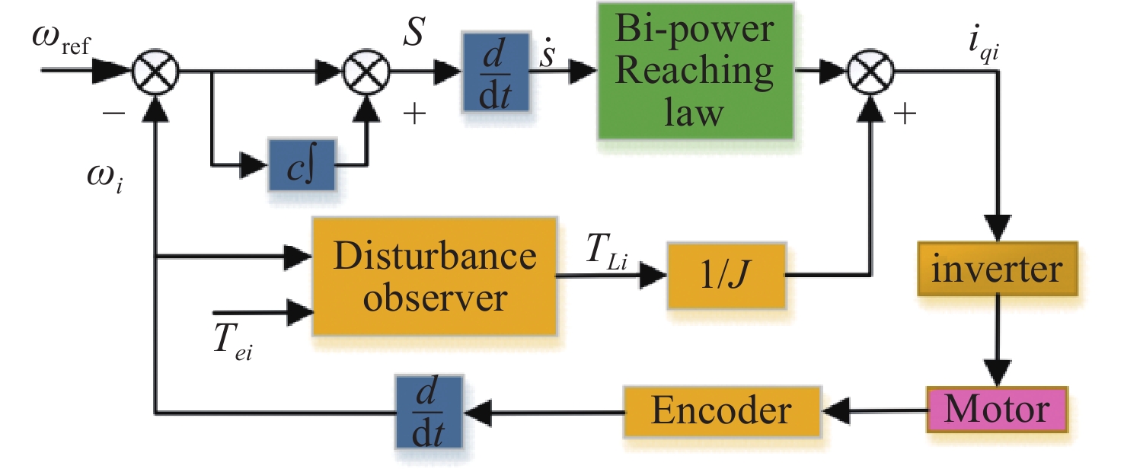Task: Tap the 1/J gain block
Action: click(x=726, y=275)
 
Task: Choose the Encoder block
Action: click(x=720, y=412)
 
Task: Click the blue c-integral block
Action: click(x=302, y=164)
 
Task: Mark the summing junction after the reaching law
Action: click(x=870, y=73)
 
